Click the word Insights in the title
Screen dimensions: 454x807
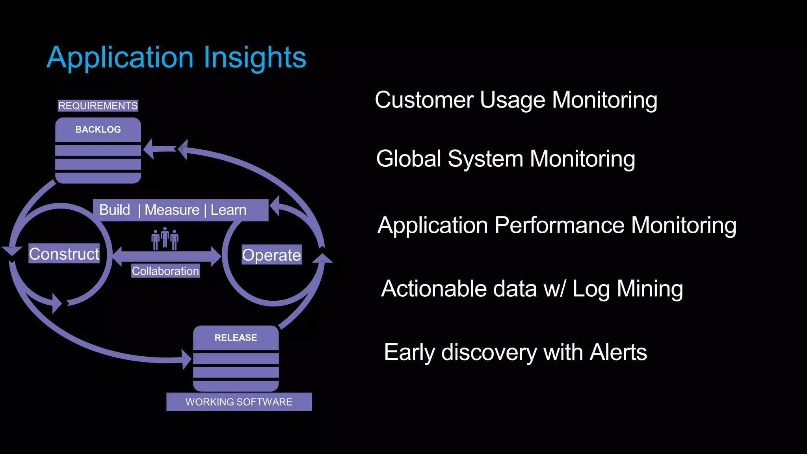(x=255, y=58)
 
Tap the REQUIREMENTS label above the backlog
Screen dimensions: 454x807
(x=98, y=106)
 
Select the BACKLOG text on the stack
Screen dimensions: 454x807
(x=98, y=130)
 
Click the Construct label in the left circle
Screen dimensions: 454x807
(x=64, y=254)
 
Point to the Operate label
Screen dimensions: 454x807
(x=271, y=255)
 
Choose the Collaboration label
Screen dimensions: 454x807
(x=165, y=271)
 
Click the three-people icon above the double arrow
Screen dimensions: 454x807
(x=165, y=238)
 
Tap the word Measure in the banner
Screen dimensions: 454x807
(x=172, y=210)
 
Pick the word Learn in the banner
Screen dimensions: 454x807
(x=229, y=210)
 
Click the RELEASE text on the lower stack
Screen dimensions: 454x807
(x=236, y=338)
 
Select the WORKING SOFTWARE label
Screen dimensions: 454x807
(x=239, y=402)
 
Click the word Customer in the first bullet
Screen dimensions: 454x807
(x=424, y=100)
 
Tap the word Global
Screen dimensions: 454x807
(x=409, y=159)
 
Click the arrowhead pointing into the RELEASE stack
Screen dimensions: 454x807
(x=187, y=359)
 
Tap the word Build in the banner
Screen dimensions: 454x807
(x=115, y=210)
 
